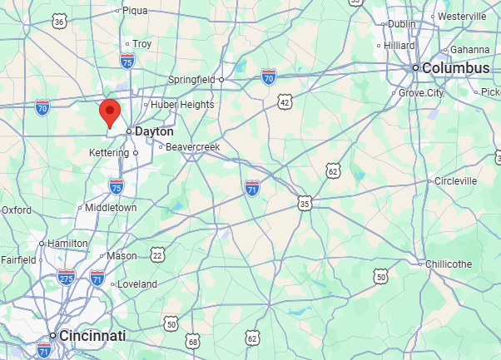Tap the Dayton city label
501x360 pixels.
coord(155,131)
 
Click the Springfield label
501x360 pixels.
coord(191,79)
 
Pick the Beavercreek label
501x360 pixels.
coord(191,146)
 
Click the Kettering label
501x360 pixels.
coord(108,153)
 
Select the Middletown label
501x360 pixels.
coord(110,207)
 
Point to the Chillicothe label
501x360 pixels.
coord(449,264)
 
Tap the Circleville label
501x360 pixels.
coord(455,180)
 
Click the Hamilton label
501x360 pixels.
coord(67,243)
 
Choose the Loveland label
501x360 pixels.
coord(136,284)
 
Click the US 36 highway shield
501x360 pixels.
coord(58,22)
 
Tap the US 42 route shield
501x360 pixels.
coord(285,101)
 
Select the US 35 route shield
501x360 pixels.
coord(305,202)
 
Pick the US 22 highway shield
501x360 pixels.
coord(157,254)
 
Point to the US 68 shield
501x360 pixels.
coord(193,341)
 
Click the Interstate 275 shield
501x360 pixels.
coord(67,279)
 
